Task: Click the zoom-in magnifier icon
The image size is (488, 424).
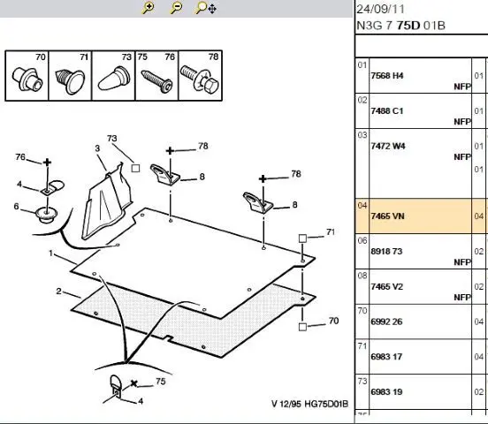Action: pyautogui.click(x=149, y=8)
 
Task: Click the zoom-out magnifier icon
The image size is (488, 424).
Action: pyautogui.click(x=176, y=8)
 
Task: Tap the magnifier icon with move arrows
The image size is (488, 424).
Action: pyautogui.click(x=206, y=8)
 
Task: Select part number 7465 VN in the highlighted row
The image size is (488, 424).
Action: pyautogui.click(x=387, y=216)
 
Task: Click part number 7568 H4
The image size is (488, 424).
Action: pyautogui.click(x=387, y=76)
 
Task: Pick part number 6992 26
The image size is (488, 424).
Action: pyautogui.click(x=386, y=322)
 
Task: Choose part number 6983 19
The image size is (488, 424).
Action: pyautogui.click(x=386, y=391)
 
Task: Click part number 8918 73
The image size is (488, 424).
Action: pyautogui.click(x=386, y=251)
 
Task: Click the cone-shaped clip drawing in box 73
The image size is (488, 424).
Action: pyautogui.click(x=114, y=78)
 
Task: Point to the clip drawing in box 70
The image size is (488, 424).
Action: pyautogui.click(x=27, y=79)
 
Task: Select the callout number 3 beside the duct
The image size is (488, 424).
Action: pyautogui.click(x=97, y=148)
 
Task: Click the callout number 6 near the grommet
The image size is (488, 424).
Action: pyautogui.click(x=16, y=206)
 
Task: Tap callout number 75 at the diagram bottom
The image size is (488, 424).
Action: pyautogui.click(x=161, y=381)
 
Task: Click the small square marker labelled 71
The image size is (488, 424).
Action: pyautogui.click(x=302, y=238)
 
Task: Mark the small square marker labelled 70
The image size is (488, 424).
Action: pyautogui.click(x=302, y=327)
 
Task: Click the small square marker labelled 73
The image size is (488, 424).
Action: pyautogui.click(x=135, y=169)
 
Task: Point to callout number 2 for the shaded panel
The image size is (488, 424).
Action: pyautogui.click(x=58, y=291)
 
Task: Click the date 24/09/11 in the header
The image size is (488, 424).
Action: pyautogui.click(x=380, y=9)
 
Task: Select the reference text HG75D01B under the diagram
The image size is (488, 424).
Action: pyautogui.click(x=326, y=404)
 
